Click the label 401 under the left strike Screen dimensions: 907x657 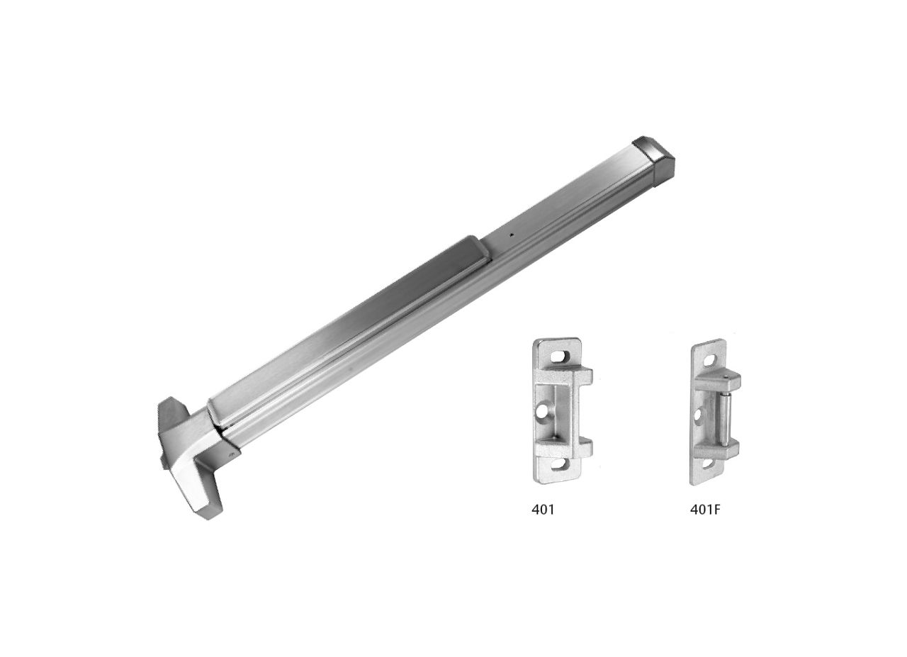tap(543, 509)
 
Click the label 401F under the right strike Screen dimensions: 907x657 tap(706, 509)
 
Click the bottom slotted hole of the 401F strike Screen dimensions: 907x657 tap(707, 464)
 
